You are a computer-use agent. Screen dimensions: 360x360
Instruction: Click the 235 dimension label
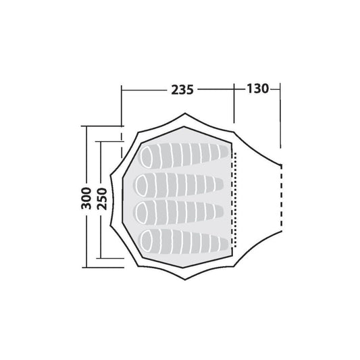click(x=182, y=90)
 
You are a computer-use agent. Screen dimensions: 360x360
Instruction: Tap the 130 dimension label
click(x=257, y=88)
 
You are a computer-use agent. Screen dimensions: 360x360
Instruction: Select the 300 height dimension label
click(x=86, y=198)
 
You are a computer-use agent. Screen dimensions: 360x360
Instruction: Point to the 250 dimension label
click(x=102, y=199)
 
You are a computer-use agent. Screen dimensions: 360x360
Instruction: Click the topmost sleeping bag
click(x=185, y=155)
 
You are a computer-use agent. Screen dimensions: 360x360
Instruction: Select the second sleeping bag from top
click(x=179, y=185)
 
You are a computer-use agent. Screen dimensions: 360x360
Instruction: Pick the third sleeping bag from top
click(x=179, y=211)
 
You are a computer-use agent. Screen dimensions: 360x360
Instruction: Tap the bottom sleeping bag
click(x=185, y=242)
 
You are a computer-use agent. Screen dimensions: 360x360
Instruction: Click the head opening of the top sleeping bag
click(x=146, y=157)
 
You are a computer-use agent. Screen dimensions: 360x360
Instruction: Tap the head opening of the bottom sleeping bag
click(x=146, y=241)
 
